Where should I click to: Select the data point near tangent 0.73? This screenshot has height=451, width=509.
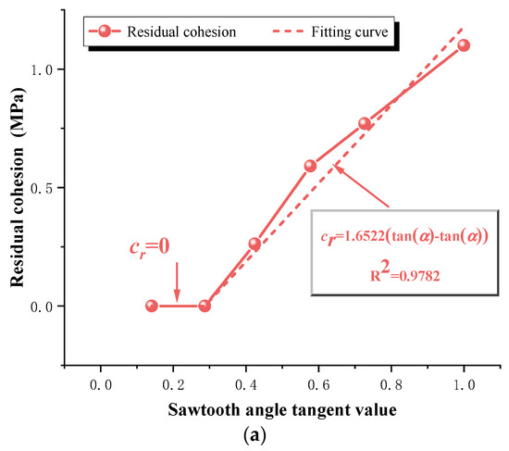pyautogui.click(x=365, y=123)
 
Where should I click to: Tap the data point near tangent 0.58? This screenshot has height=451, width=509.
pyautogui.click(x=310, y=166)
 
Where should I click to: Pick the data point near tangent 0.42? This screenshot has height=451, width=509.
pyautogui.click(x=254, y=244)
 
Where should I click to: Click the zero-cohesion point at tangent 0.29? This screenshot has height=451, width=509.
pyautogui.click(x=205, y=306)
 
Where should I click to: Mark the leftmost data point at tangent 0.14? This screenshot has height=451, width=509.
pyautogui.click(x=152, y=306)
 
